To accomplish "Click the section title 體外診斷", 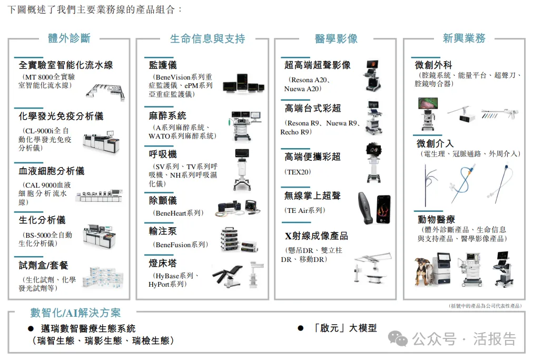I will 69,38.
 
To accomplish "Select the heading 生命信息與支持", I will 207,38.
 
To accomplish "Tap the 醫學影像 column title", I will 335,38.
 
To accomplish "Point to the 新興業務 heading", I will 463,38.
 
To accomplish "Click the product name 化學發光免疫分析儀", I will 61,116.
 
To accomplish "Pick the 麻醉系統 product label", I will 167,115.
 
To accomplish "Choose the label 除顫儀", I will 163,200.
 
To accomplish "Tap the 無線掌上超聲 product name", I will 312,196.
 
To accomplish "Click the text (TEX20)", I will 298,172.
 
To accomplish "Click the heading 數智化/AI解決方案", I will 75,313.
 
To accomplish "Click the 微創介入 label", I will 435,143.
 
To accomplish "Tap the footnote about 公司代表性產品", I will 485,306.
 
